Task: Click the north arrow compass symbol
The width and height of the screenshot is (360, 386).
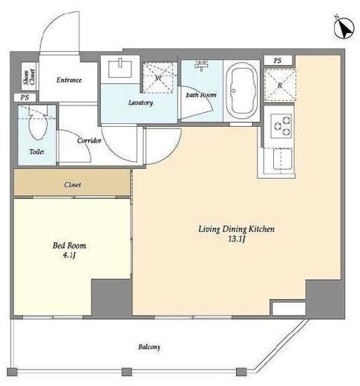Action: click(x=344, y=28)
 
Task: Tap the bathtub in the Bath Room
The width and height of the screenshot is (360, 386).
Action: click(x=241, y=91)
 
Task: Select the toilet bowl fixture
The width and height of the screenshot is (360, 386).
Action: click(x=38, y=123)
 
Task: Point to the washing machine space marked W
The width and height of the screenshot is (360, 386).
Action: click(x=160, y=78)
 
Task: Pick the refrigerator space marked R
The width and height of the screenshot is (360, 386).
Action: click(x=280, y=85)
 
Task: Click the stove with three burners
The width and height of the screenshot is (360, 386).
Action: click(x=281, y=125)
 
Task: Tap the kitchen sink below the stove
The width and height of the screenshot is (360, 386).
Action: click(x=281, y=160)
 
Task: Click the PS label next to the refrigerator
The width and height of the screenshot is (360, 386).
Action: click(x=278, y=61)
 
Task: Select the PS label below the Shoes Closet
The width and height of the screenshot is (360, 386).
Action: click(x=24, y=97)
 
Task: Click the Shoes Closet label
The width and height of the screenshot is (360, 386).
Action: click(x=29, y=77)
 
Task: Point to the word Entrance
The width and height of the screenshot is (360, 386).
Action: click(x=69, y=80)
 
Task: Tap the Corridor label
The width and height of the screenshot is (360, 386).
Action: click(x=89, y=140)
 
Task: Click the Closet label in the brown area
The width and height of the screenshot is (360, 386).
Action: click(x=73, y=185)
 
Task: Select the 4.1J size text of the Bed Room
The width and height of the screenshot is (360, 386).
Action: click(x=69, y=255)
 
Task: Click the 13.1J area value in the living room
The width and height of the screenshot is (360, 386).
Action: click(x=237, y=239)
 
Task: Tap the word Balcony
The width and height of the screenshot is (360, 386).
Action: click(x=149, y=347)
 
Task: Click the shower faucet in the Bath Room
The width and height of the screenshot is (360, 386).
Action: click(x=201, y=65)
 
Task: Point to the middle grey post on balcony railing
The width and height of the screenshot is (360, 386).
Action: click(x=127, y=372)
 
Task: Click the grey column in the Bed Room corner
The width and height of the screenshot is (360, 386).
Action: click(x=111, y=298)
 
